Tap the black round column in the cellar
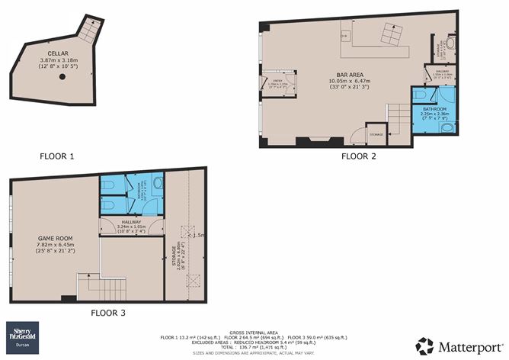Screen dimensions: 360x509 pyautogui.click(x=62, y=76)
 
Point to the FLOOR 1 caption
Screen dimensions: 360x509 pyautogui.click(x=57, y=157)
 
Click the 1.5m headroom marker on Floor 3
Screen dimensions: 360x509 pyautogui.click(x=199, y=236)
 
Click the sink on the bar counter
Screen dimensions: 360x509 pyautogui.click(x=344, y=34)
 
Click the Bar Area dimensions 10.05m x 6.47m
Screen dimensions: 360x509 pyautogui.click(x=326, y=83)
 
